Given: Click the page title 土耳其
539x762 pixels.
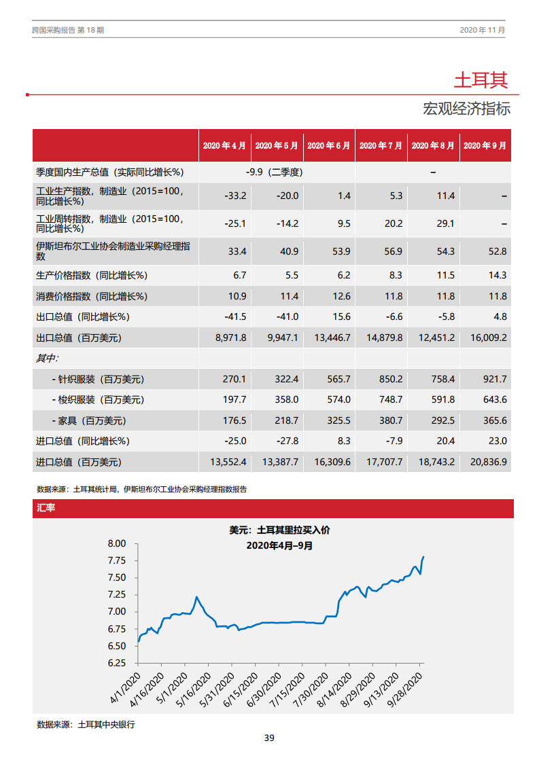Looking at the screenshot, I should pos(481,80).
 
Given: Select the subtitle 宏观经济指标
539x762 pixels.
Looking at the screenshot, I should pos(466,109).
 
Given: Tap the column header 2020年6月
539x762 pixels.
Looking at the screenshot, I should pos(329,145).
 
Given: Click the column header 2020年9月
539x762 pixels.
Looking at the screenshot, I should pos(485,145).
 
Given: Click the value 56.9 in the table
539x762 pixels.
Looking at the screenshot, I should pos(394,251).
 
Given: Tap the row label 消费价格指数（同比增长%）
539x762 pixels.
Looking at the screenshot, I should pos(92,296).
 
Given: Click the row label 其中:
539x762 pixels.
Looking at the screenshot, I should pos(48,358).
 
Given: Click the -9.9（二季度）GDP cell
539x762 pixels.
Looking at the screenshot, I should pos(275,172).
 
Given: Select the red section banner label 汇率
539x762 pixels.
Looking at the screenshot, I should pos(46,508).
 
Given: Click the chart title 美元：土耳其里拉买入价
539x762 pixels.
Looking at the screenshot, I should pos(279,530).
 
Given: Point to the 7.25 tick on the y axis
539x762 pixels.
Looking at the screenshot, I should pos(117,594).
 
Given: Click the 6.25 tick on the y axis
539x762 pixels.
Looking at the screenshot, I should pos(117,663).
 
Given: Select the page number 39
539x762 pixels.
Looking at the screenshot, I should pos(269,738).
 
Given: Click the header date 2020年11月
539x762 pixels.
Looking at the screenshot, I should pos(482,31).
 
